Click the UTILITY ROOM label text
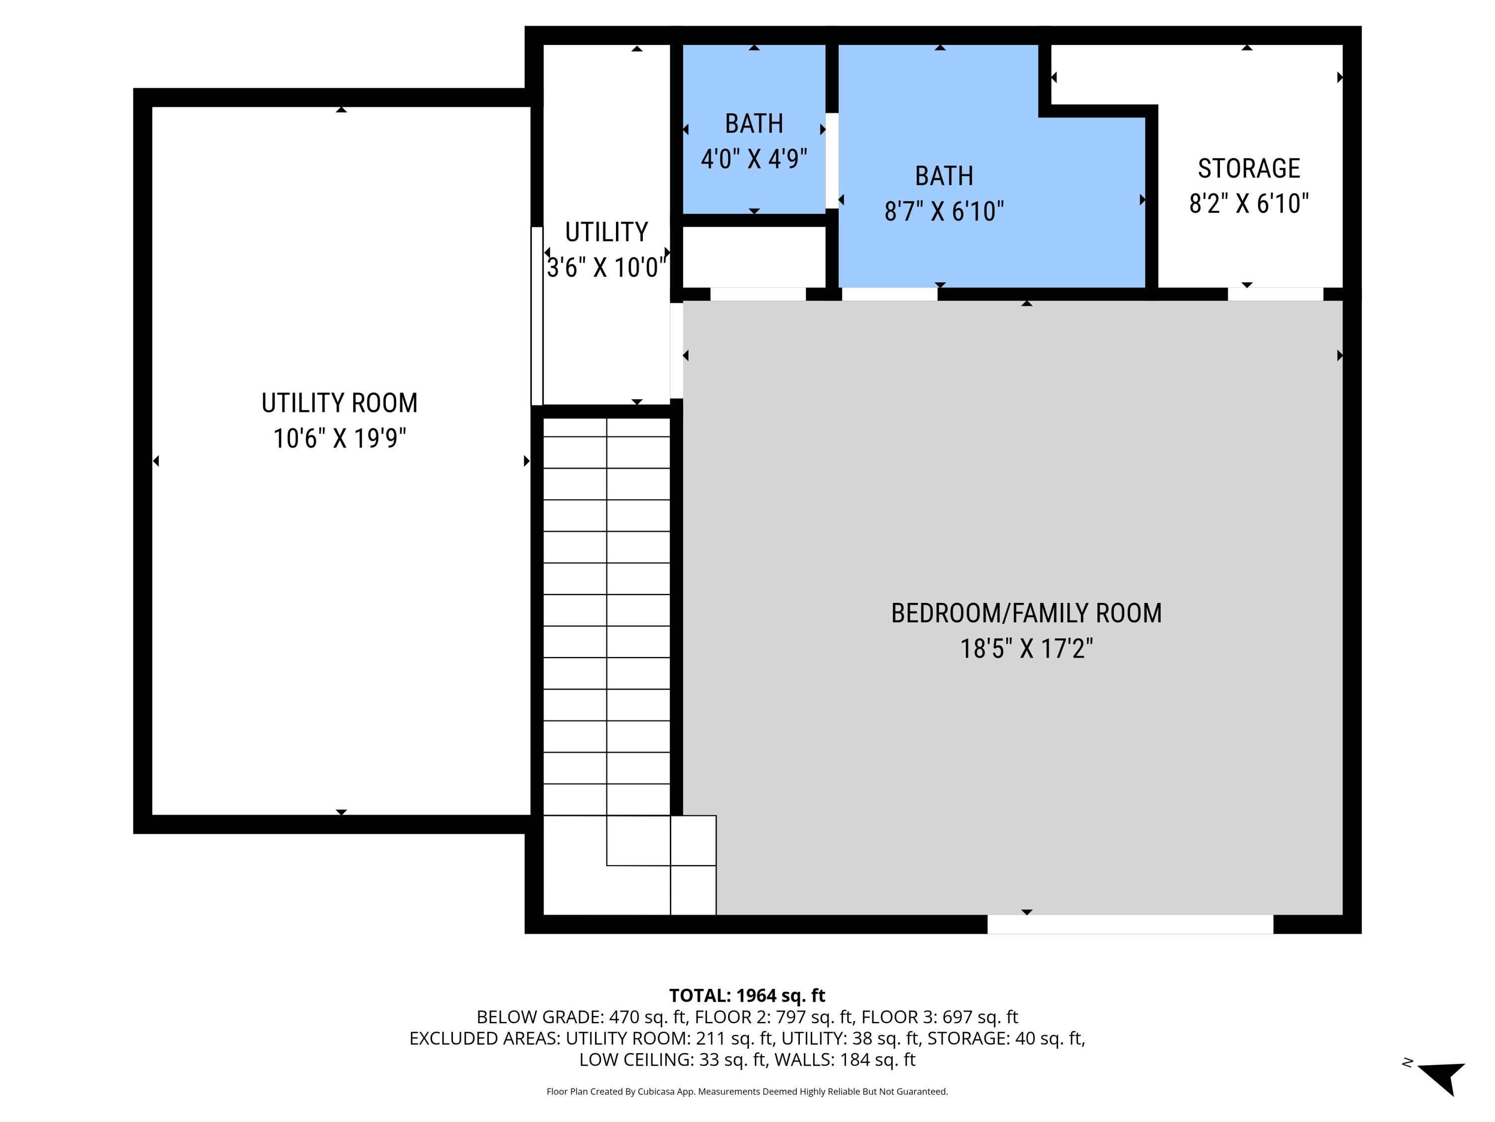pyautogui.click(x=339, y=403)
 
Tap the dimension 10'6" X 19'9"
pyautogui.click(x=339, y=439)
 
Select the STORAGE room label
pyautogui.click(x=1248, y=169)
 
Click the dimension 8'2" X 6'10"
pyautogui.click(x=1248, y=203)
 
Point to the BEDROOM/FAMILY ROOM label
pyautogui.click(x=1026, y=613)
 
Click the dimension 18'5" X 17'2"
pyautogui.click(x=1026, y=649)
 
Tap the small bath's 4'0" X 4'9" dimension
pyautogui.click(x=753, y=160)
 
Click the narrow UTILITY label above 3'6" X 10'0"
pyautogui.click(x=606, y=232)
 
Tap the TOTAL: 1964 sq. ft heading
pyautogui.click(x=747, y=995)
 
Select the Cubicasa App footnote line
pyautogui.click(x=747, y=1092)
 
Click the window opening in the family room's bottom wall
pyautogui.click(x=1130, y=924)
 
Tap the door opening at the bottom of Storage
pyautogui.click(x=1275, y=294)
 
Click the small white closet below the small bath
pyautogui.click(x=753, y=257)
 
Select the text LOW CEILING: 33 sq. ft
pyautogui.click(x=672, y=1060)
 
